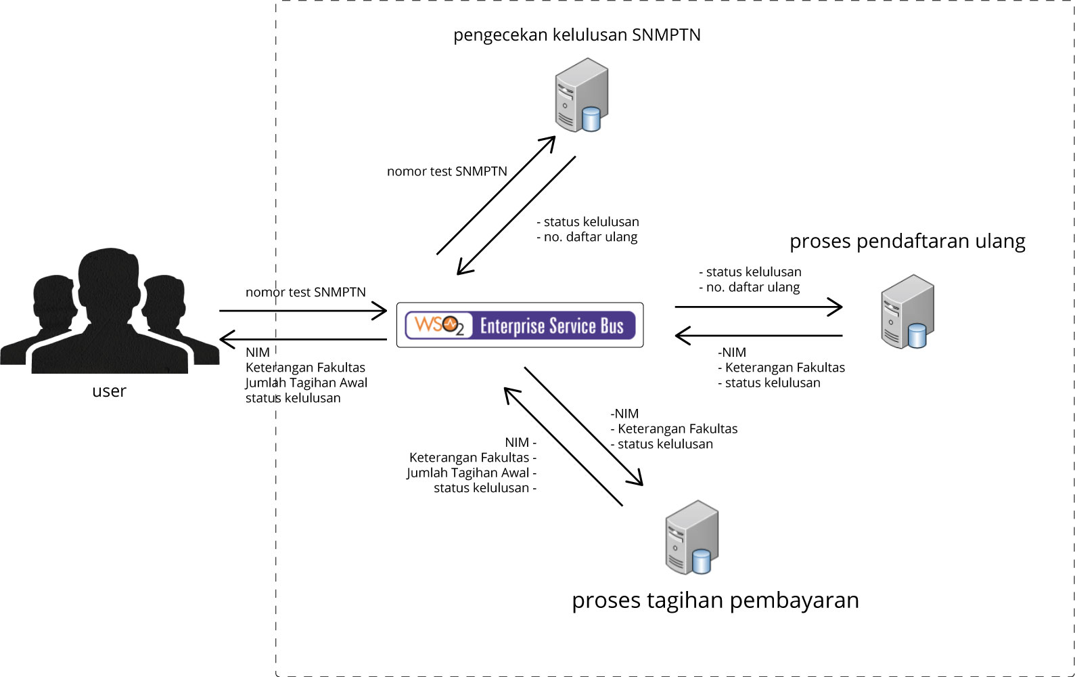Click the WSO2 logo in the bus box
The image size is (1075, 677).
click(x=438, y=325)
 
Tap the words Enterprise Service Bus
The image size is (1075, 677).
click(x=551, y=326)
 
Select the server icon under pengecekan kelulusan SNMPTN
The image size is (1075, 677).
click(x=580, y=95)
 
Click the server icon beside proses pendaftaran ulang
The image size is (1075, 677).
click(x=907, y=311)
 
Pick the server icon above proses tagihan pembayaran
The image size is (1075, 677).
click(x=691, y=537)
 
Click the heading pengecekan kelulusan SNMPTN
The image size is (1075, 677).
click(x=576, y=35)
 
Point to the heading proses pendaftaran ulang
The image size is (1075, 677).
click(x=907, y=241)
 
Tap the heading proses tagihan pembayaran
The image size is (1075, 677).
click(x=715, y=600)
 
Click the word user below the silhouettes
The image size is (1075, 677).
click(x=109, y=391)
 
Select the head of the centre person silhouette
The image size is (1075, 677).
click(x=109, y=278)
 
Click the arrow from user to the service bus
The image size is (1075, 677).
click(x=303, y=311)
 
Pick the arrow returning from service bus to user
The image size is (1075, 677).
click(x=303, y=338)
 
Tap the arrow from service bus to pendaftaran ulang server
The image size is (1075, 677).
click(x=758, y=307)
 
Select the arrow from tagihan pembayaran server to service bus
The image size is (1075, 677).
click(x=563, y=447)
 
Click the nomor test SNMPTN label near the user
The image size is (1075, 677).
click(x=306, y=292)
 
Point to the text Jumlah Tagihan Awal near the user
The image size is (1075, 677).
click(x=306, y=383)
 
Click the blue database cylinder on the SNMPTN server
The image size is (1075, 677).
click(x=591, y=119)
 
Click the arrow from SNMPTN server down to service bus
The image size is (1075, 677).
click(x=516, y=215)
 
